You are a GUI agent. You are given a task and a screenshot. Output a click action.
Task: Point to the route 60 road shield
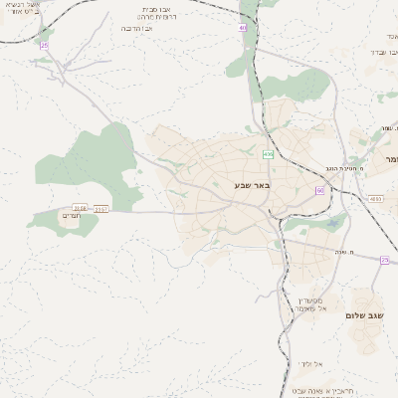320,189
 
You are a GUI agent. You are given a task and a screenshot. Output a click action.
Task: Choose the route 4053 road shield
374,199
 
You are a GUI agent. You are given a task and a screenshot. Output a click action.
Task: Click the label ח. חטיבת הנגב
352,171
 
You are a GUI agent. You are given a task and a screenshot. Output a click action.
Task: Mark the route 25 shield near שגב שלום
384,260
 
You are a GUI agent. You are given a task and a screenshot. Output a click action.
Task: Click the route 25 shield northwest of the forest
44,45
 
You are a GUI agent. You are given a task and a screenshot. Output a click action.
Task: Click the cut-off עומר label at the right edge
388,158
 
